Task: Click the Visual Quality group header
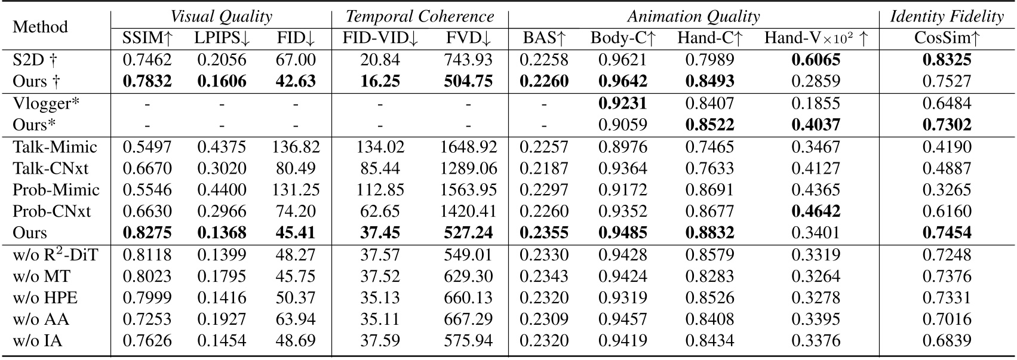click(221, 16)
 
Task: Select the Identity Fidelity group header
click(947, 16)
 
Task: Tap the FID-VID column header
click(380, 39)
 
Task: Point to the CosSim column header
click(947, 39)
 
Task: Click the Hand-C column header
click(710, 39)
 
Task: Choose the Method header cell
click(40, 27)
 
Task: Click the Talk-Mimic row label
click(55, 147)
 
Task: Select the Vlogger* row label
click(46, 103)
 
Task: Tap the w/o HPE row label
click(45, 298)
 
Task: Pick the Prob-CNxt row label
click(52, 211)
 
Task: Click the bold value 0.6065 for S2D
click(816, 60)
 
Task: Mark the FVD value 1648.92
click(468, 147)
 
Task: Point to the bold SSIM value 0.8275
click(148, 233)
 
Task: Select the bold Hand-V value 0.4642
click(816, 211)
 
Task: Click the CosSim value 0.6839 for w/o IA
click(947, 341)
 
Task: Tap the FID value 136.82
click(296, 147)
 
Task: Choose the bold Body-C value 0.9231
click(623, 103)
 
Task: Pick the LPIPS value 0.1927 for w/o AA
click(222, 319)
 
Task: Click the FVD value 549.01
click(468, 255)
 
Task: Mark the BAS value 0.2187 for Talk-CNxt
click(544, 168)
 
